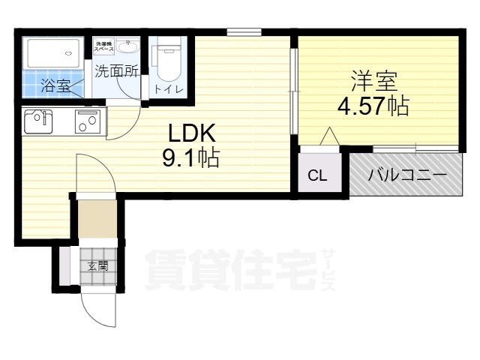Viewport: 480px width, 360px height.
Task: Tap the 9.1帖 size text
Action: (x=191, y=158)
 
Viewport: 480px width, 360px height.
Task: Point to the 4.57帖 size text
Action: (x=373, y=106)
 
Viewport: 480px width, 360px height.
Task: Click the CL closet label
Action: (x=318, y=176)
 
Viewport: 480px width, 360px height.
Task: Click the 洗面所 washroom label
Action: (x=117, y=73)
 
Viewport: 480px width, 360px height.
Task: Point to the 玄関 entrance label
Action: (x=97, y=266)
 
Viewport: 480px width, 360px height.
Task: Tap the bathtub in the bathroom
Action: (x=52, y=52)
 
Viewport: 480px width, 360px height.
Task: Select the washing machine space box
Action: (x=103, y=46)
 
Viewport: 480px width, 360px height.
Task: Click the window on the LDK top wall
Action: (x=244, y=31)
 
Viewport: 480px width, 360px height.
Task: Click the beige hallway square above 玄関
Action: (x=97, y=217)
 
